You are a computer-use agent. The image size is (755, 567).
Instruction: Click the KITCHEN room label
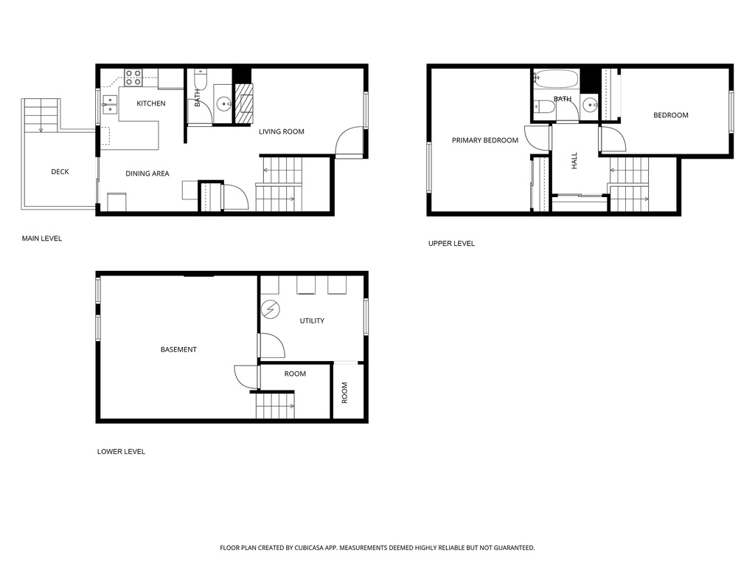(150, 103)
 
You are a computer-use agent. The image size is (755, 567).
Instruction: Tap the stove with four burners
(133, 78)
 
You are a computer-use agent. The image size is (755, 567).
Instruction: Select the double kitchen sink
(110, 104)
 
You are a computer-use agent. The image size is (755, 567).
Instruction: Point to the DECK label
(60, 171)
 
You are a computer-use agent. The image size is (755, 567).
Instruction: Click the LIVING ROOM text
(281, 131)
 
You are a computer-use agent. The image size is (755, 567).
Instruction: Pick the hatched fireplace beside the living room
(243, 104)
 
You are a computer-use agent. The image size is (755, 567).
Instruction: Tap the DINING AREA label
(147, 173)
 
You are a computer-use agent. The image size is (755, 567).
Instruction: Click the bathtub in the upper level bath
(557, 79)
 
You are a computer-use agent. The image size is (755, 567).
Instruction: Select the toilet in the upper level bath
(544, 106)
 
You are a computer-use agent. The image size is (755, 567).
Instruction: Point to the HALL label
(574, 161)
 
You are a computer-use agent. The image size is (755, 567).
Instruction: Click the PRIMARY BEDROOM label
(485, 140)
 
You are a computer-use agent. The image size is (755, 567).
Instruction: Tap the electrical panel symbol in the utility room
(270, 309)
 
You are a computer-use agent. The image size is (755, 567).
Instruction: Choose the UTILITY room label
(312, 320)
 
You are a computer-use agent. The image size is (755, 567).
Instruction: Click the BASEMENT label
(178, 349)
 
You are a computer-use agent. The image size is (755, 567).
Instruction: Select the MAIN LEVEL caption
(42, 238)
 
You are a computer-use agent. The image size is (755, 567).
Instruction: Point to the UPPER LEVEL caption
(451, 244)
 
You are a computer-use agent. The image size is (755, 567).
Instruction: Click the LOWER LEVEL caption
(121, 452)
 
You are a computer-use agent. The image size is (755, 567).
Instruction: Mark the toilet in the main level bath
(201, 80)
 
